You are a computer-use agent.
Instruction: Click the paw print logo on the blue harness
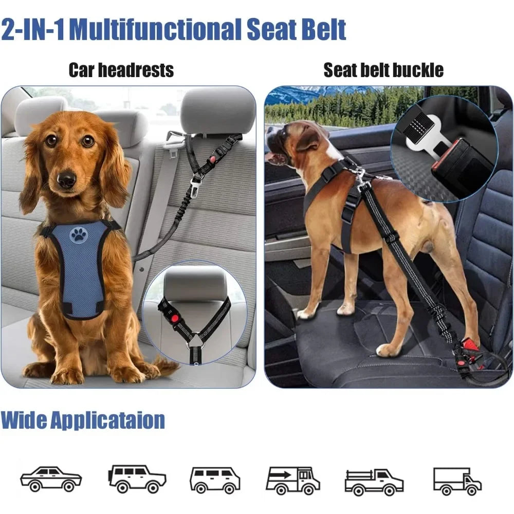click(79, 235)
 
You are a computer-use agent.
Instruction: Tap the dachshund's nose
click(66, 179)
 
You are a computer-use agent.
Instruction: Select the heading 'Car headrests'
click(121, 70)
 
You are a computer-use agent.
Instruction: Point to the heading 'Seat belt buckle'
click(383, 70)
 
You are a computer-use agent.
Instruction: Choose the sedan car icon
click(51, 479)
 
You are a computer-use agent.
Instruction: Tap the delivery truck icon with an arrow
click(293, 480)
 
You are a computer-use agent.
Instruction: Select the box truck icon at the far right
click(457, 481)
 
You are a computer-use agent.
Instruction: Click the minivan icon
click(214, 480)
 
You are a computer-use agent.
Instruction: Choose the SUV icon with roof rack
click(137, 479)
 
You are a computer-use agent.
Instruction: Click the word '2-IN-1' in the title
click(33, 29)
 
